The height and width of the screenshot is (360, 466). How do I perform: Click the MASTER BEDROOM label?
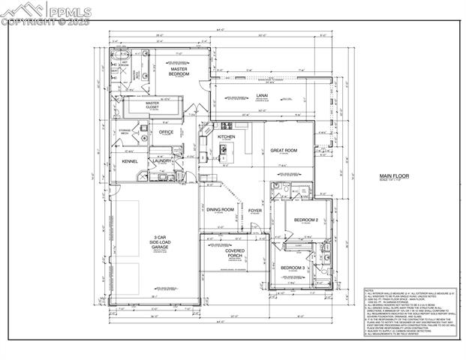point(179,72)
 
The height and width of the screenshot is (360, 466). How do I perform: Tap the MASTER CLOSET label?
point(153,106)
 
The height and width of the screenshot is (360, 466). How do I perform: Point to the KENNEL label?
point(131,160)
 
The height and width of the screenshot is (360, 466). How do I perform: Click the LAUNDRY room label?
point(162,160)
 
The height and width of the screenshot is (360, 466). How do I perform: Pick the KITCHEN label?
point(227,137)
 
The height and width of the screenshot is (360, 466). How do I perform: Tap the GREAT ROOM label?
point(284,150)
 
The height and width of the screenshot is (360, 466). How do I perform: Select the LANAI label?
point(262,96)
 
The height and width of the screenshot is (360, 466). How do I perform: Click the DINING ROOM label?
point(221,210)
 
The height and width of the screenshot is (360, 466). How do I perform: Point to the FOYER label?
point(255,211)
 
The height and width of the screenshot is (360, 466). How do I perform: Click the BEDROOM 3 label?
point(292,268)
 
